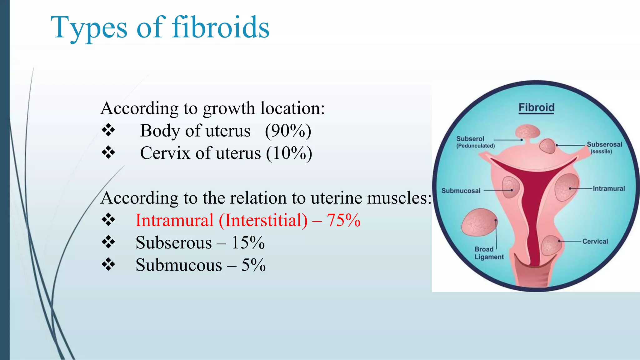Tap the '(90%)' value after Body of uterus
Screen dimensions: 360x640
288,131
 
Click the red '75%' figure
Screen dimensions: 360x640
344,220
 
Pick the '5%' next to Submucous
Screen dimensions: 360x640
253,265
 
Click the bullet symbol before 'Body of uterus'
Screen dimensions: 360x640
108,130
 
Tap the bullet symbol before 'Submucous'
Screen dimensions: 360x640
108,265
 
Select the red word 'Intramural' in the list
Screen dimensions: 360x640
174,220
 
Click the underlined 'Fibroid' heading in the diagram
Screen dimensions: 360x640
536,107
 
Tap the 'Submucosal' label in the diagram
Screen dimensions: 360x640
461,191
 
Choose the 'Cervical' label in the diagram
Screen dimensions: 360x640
595,242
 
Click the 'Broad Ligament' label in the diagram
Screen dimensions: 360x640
489,253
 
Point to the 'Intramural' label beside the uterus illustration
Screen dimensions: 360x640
609,189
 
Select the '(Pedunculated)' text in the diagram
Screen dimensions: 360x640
476,146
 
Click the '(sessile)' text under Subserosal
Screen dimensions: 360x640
601,152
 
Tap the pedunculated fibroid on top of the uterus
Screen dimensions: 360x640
527,131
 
